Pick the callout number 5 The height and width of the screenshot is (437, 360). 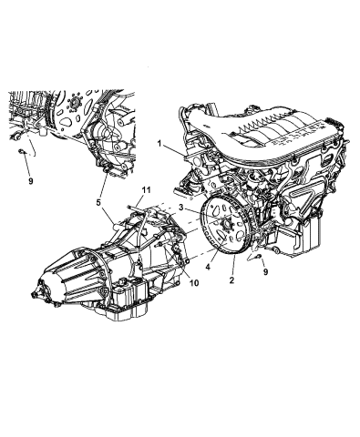(x=98, y=204)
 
